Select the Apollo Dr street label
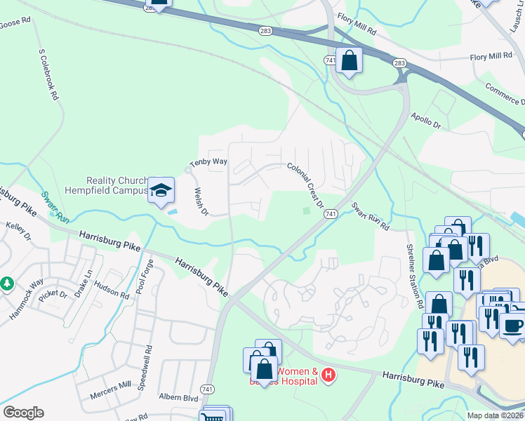tap(426, 120)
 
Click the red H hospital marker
tap(327, 377)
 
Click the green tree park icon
tap(7, 283)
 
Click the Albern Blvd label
tap(180, 398)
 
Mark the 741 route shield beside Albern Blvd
tap(207, 389)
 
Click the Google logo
tap(23, 413)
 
